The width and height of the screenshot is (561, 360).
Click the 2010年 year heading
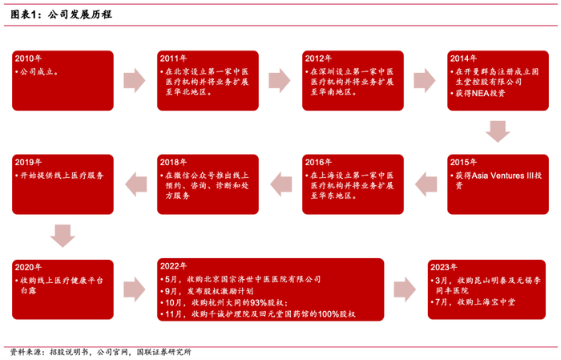pyautogui.click(x=29, y=59)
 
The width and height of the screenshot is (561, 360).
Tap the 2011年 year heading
pyautogui.click(x=173, y=59)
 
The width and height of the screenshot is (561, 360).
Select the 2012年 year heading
pyautogui.click(x=318, y=59)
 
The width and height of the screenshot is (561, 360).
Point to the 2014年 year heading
pyautogui.click(x=463, y=59)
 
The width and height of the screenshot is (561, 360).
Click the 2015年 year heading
pyautogui.click(x=463, y=162)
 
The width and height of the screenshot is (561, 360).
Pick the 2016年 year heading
pyautogui.click(x=318, y=162)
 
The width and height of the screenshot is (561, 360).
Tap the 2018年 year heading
pyautogui.click(x=173, y=162)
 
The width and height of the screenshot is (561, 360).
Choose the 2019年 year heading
pyautogui.click(x=29, y=162)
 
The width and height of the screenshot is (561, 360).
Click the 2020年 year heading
pyautogui.click(x=29, y=266)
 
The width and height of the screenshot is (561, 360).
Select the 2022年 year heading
pyautogui.click(x=173, y=266)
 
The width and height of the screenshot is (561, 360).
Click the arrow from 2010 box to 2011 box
pyautogui.click(x=135, y=81)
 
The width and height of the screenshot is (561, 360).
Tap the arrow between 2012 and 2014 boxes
pyautogui.click(x=424, y=81)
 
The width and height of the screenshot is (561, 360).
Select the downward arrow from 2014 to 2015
pyautogui.click(x=498, y=131)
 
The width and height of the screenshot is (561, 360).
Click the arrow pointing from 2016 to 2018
pyautogui.click(x=280, y=184)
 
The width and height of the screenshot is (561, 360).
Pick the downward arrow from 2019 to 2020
pyautogui.click(x=62, y=235)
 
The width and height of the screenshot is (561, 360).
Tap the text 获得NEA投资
pyautogui.click(x=478, y=93)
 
